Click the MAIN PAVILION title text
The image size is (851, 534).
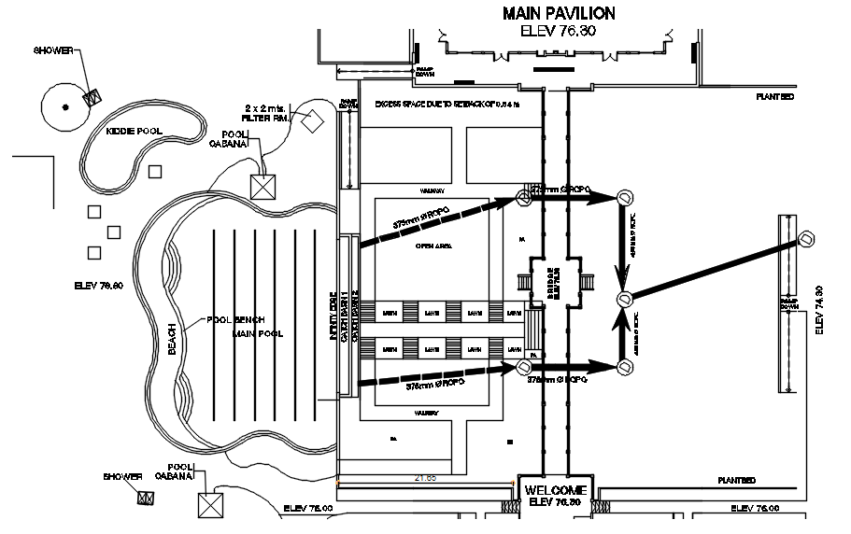click(x=559, y=13)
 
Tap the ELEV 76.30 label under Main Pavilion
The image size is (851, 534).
click(x=558, y=31)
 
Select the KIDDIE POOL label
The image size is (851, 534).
click(x=134, y=132)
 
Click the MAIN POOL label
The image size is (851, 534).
click(x=258, y=333)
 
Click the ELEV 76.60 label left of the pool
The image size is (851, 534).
click(x=98, y=285)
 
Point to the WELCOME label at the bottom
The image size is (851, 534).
click(x=555, y=490)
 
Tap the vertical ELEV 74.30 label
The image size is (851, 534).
click(x=819, y=309)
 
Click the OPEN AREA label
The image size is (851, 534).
click(x=433, y=246)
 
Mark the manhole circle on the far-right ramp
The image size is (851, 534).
click(x=805, y=239)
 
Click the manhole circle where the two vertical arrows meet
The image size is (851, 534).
click(x=624, y=299)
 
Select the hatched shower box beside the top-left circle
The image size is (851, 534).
click(x=92, y=96)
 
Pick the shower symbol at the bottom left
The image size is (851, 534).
click(x=146, y=498)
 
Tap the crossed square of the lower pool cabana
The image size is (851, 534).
click(x=209, y=506)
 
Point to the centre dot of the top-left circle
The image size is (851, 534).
click(x=64, y=107)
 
